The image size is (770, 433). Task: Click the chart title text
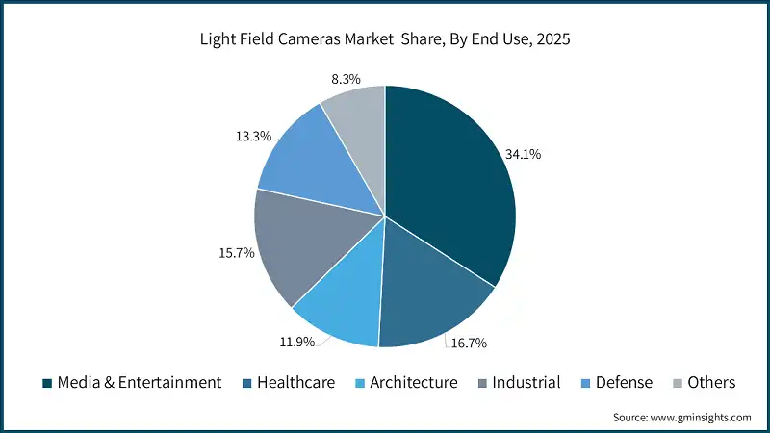pos(385,40)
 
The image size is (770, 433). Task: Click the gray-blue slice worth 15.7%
pos(298,245)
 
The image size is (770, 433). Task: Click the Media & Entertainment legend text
pos(140,383)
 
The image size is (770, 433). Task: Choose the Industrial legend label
pos(526,383)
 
